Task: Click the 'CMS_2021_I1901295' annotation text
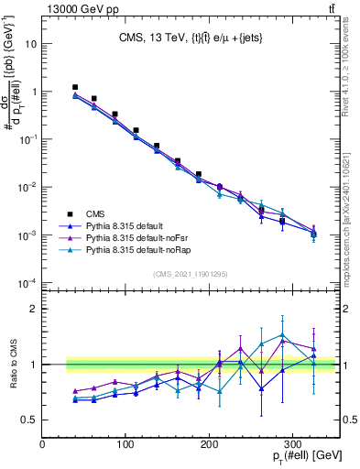click(x=190, y=274)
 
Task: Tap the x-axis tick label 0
click(x=43, y=445)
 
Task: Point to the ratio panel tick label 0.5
click(x=28, y=420)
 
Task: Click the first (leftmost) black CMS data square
click(x=76, y=87)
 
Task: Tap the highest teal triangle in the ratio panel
click(x=283, y=335)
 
